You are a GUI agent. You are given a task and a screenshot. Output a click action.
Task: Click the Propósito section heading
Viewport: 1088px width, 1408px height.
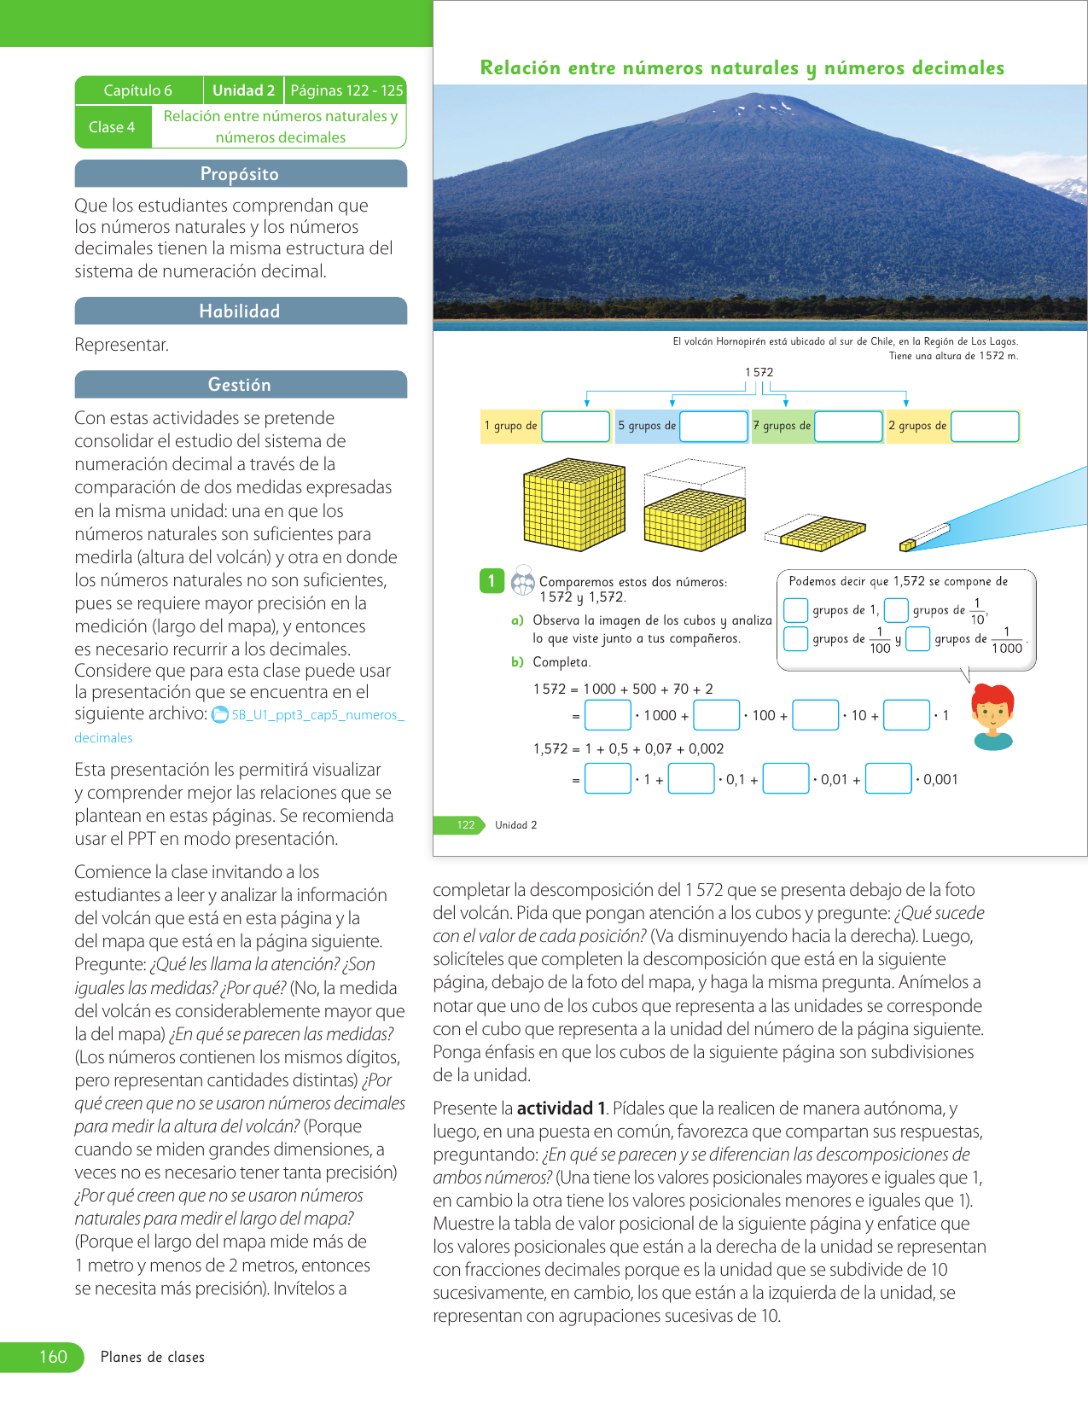[240, 174]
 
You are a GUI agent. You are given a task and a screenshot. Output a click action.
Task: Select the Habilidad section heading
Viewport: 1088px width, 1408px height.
[240, 311]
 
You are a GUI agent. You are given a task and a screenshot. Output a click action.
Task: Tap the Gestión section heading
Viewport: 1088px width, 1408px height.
[240, 385]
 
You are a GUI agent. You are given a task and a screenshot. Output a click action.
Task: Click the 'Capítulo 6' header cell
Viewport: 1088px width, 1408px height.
[138, 90]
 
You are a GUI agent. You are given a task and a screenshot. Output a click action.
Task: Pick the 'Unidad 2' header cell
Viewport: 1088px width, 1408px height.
[243, 90]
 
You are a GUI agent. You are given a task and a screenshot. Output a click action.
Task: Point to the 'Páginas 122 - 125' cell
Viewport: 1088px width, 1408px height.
[346, 90]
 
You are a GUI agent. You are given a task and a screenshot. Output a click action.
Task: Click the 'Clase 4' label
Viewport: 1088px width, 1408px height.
[112, 127]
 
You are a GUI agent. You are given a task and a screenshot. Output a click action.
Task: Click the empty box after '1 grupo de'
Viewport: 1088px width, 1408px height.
[575, 426]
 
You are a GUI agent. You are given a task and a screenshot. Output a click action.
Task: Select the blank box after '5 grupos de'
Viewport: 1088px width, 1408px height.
[713, 426]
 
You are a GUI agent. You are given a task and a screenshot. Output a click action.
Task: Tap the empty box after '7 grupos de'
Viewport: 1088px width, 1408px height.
[848, 426]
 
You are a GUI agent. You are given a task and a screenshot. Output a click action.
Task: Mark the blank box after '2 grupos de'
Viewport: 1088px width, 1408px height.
[985, 426]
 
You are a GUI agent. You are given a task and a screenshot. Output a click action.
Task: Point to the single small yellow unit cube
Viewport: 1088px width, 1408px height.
[907, 544]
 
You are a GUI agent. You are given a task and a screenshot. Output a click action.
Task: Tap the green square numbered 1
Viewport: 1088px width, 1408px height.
[492, 581]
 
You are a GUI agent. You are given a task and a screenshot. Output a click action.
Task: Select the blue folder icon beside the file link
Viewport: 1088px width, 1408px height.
[220, 714]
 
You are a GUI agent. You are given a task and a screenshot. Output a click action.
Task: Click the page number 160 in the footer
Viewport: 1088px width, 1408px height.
[53, 1357]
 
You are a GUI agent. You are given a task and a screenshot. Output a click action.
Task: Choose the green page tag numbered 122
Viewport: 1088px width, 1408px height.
[465, 825]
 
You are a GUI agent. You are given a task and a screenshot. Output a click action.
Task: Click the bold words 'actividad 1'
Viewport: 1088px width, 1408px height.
[561, 1108]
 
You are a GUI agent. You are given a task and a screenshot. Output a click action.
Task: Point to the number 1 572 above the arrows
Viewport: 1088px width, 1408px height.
[759, 372]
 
